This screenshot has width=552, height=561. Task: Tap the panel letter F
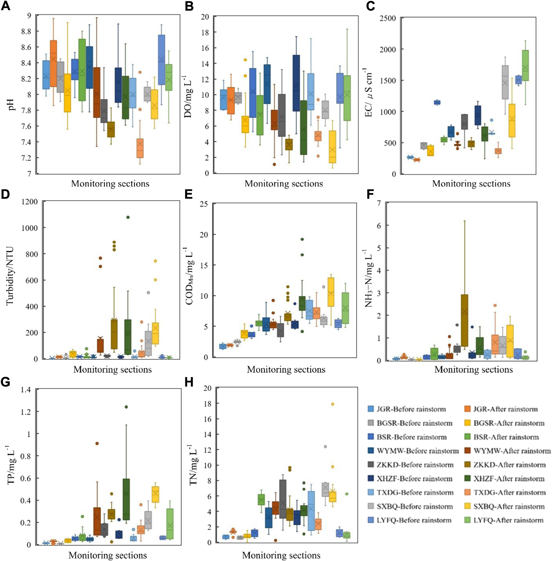(x=370, y=194)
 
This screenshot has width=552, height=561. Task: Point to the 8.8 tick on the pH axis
(x=28, y=31)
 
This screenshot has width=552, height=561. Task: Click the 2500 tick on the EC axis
(x=388, y=18)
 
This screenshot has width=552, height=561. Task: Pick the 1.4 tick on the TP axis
(x=26, y=389)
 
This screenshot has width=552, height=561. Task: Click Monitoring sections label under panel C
(x=471, y=184)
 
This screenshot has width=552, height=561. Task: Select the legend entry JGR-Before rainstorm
(x=411, y=409)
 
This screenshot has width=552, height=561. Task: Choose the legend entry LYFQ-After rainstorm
(x=508, y=520)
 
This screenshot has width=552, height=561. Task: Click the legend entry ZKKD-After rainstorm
(x=509, y=465)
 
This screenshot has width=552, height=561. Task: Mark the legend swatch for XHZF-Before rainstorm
(x=371, y=478)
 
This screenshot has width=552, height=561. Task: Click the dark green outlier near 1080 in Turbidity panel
(x=128, y=217)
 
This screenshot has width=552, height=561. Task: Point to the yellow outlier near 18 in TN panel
(x=333, y=404)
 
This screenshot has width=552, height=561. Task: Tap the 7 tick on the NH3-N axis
(x=379, y=203)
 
